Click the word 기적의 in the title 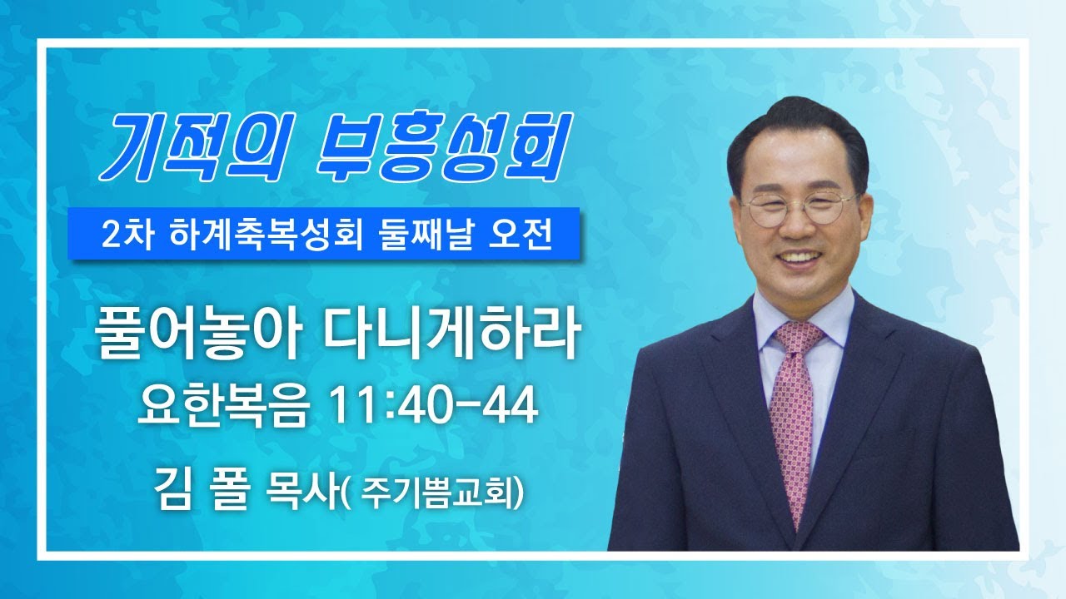pos(192,146)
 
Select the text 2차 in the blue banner pos(127,235)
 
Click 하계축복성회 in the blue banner pos(264,235)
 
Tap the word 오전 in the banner pos(521,235)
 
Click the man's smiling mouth pos(800,258)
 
